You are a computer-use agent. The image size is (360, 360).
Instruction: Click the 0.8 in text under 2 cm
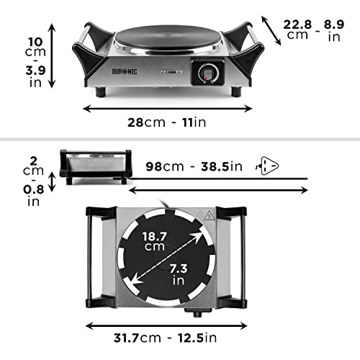[14, 196]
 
